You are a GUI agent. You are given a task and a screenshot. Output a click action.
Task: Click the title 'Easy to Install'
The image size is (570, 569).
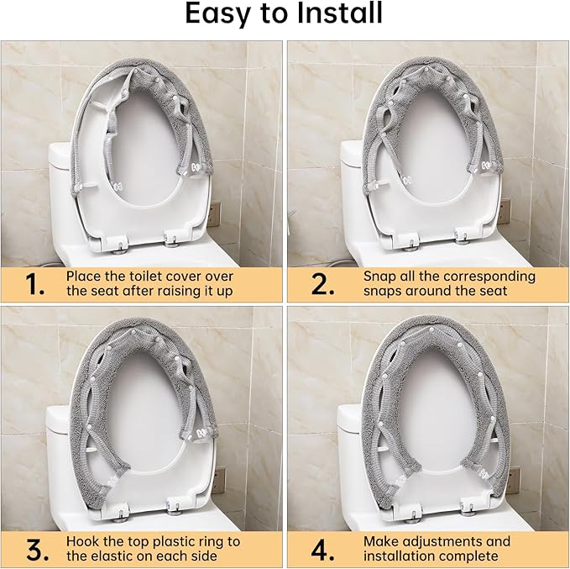(284, 14)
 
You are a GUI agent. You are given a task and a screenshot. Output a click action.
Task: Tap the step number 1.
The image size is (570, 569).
(34, 284)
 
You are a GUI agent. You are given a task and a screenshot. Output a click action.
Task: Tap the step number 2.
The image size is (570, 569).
(322, 284)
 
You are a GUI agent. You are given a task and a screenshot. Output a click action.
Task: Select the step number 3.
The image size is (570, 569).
(34, 550)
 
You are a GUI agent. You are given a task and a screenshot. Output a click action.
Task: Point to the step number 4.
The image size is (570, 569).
(322, 550)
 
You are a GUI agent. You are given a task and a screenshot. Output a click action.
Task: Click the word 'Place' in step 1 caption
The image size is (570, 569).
(86, 276)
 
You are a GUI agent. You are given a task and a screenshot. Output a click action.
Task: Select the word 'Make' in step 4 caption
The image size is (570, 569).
(380, 541)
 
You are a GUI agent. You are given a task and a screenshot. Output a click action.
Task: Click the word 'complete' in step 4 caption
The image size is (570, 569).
(469, 556)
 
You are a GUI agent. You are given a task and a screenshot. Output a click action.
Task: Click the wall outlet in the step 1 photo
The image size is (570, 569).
(214, 212)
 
